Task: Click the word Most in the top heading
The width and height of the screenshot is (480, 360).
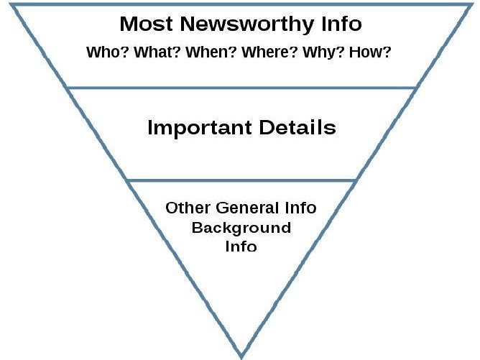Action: tap(146, 24)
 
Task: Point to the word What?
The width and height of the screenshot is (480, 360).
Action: tap(157, 52)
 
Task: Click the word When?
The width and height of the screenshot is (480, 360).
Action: tap(211, 52)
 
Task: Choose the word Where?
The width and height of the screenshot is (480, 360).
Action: tap(269, 52)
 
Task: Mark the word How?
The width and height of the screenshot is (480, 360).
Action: tap(370, 52)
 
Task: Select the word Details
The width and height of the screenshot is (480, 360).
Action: tap(297, 127)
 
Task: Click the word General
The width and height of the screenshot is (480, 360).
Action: tap(247, 208)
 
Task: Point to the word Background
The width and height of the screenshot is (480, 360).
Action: tap(241, 229)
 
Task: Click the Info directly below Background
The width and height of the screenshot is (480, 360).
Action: tap(241, 246)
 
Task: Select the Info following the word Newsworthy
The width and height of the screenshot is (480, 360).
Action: tap(341, 24)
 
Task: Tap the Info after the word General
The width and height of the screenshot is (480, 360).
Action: tap(300, 208)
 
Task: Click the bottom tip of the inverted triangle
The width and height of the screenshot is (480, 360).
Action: tap(241, 358)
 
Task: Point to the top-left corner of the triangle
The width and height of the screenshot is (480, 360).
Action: tap(10, 4)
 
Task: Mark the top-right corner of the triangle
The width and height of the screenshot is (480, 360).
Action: tap(471, 4)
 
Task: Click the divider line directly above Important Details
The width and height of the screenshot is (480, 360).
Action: tap(241, 88)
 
